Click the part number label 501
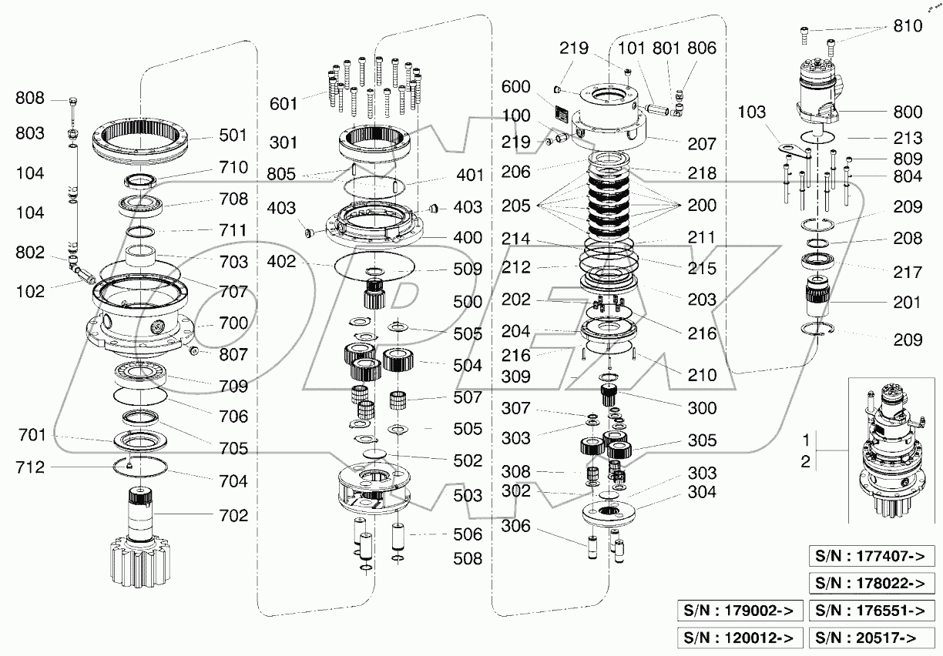point(232,135)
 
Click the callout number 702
point(232,515)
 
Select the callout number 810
point(908,26)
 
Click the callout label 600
point(515,87)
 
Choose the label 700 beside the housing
point(232,323)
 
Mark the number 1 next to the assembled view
point(805,441)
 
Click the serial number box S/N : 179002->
point(739,611)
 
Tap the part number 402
point(282,262)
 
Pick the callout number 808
point(31,99)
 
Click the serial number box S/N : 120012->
point(739,638)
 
